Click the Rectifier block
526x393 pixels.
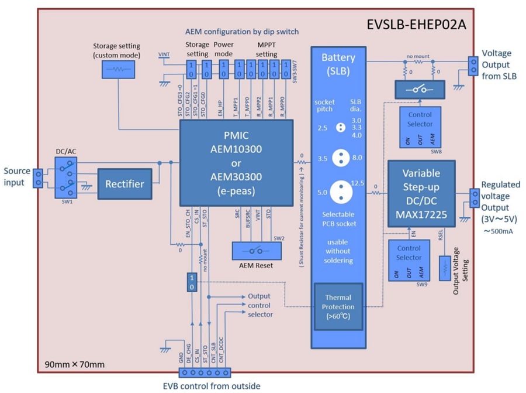(124, 184)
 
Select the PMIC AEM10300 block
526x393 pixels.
(236, 163)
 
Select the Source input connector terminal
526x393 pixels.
(39, 178)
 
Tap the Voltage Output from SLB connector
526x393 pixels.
(472, 65)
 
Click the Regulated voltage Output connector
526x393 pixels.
(472, 198)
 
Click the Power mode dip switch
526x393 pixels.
(223, 69)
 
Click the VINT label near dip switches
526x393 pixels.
(165, 54)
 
